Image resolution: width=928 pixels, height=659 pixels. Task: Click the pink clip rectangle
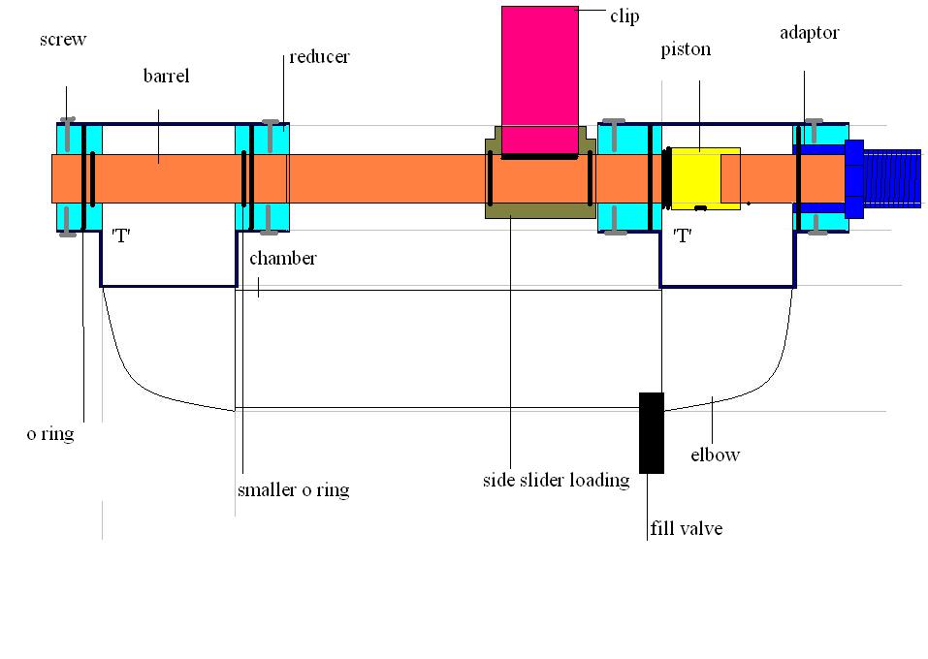coord(539,78)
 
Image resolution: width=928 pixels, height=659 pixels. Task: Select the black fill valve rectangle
coord(652,432)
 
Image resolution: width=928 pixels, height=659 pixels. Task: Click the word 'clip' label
coord(624,16)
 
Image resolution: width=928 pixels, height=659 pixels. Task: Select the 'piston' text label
coord(685,49)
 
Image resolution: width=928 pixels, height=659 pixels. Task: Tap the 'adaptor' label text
coord(809,33)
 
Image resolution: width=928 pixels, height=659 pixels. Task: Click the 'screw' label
coord(63,40)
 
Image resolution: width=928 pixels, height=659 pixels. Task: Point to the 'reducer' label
coord(319,57)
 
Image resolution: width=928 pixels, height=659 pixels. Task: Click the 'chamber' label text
coord(282,260)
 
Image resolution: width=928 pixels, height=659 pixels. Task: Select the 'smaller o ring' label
coord(293,489)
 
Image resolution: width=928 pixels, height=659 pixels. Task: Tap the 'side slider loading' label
coord(557,480)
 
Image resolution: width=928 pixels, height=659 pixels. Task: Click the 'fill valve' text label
coord(687,528)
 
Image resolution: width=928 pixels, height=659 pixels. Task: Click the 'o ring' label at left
coord(50,434)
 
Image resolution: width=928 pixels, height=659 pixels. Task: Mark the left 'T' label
coord(121,237)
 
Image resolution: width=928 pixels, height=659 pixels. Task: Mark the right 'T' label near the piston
coord(684,235)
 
